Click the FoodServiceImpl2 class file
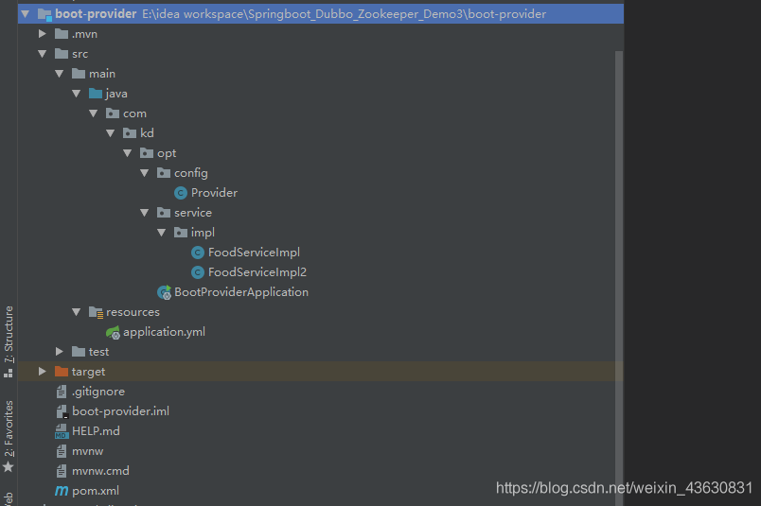click(x=257, y=272)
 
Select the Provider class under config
click(x=214, y=193)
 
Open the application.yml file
click(x=164, y=332)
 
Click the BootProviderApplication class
click(x=241, y=292)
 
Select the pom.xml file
click(x=95, y=491)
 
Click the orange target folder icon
click(x=62, y=372)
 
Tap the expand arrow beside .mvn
click(x=43, y=34)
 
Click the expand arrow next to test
click(x=60, y=352)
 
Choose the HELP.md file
click(x=96, y=431)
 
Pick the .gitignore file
click(x=98, y=392)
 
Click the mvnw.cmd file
click(x=100, y=471)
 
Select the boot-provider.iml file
click(x=120, y=411)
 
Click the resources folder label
click(x=133, y=312)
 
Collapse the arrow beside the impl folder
click(x=162, y=233)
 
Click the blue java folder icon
click(x=96, y=93)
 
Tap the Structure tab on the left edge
click(x=9, y=335)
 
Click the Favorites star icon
click(x=9, y=467)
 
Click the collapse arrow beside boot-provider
click(x=26, y=14)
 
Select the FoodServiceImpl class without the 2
click(x=254, y=253)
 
